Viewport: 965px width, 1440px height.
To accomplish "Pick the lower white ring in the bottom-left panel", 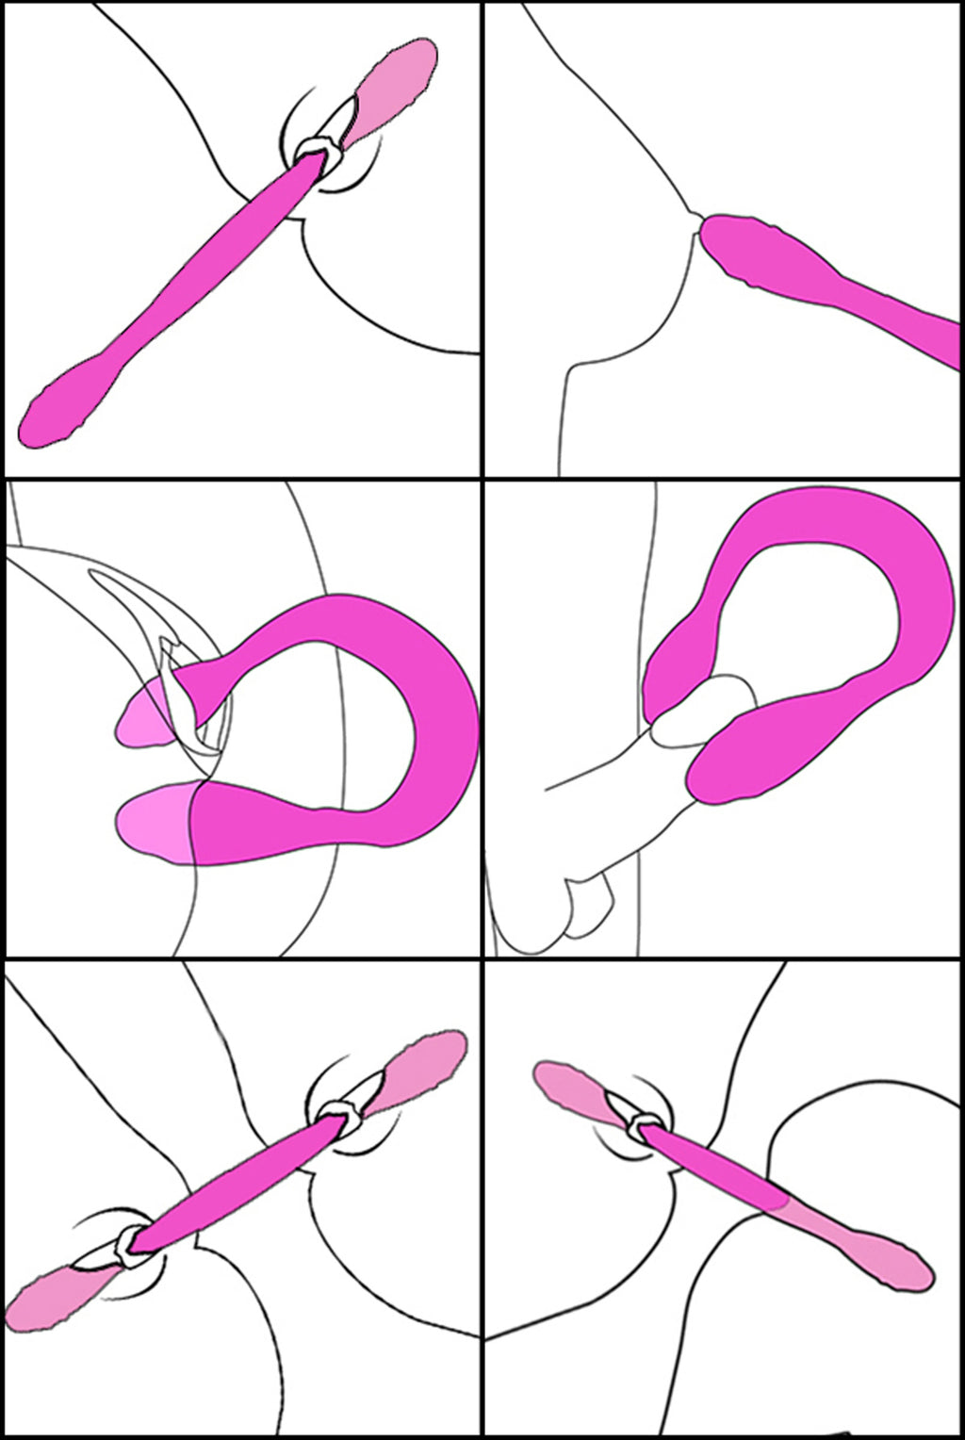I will point(127,1244).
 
